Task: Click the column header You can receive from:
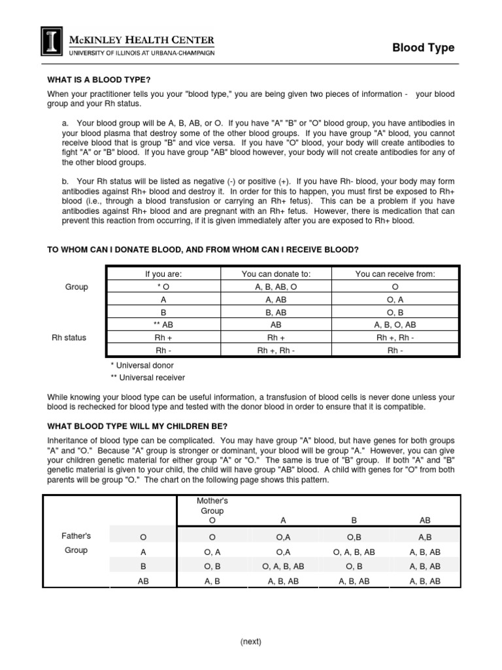click(x=394, y=273)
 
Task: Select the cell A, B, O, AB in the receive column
click(x=394, y=325)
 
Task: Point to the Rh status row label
click(x=69, y=338)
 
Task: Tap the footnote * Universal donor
click(x=142, y=365)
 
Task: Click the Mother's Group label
click(x=212, y=506)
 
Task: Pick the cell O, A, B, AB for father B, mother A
click(x=283, y=566)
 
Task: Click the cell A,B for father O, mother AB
click(x=425, y=537)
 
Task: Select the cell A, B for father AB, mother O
click(x=212, y=581)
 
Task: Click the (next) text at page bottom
click(x=250, y=642)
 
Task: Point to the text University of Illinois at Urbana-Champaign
click(x=141, y=52)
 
